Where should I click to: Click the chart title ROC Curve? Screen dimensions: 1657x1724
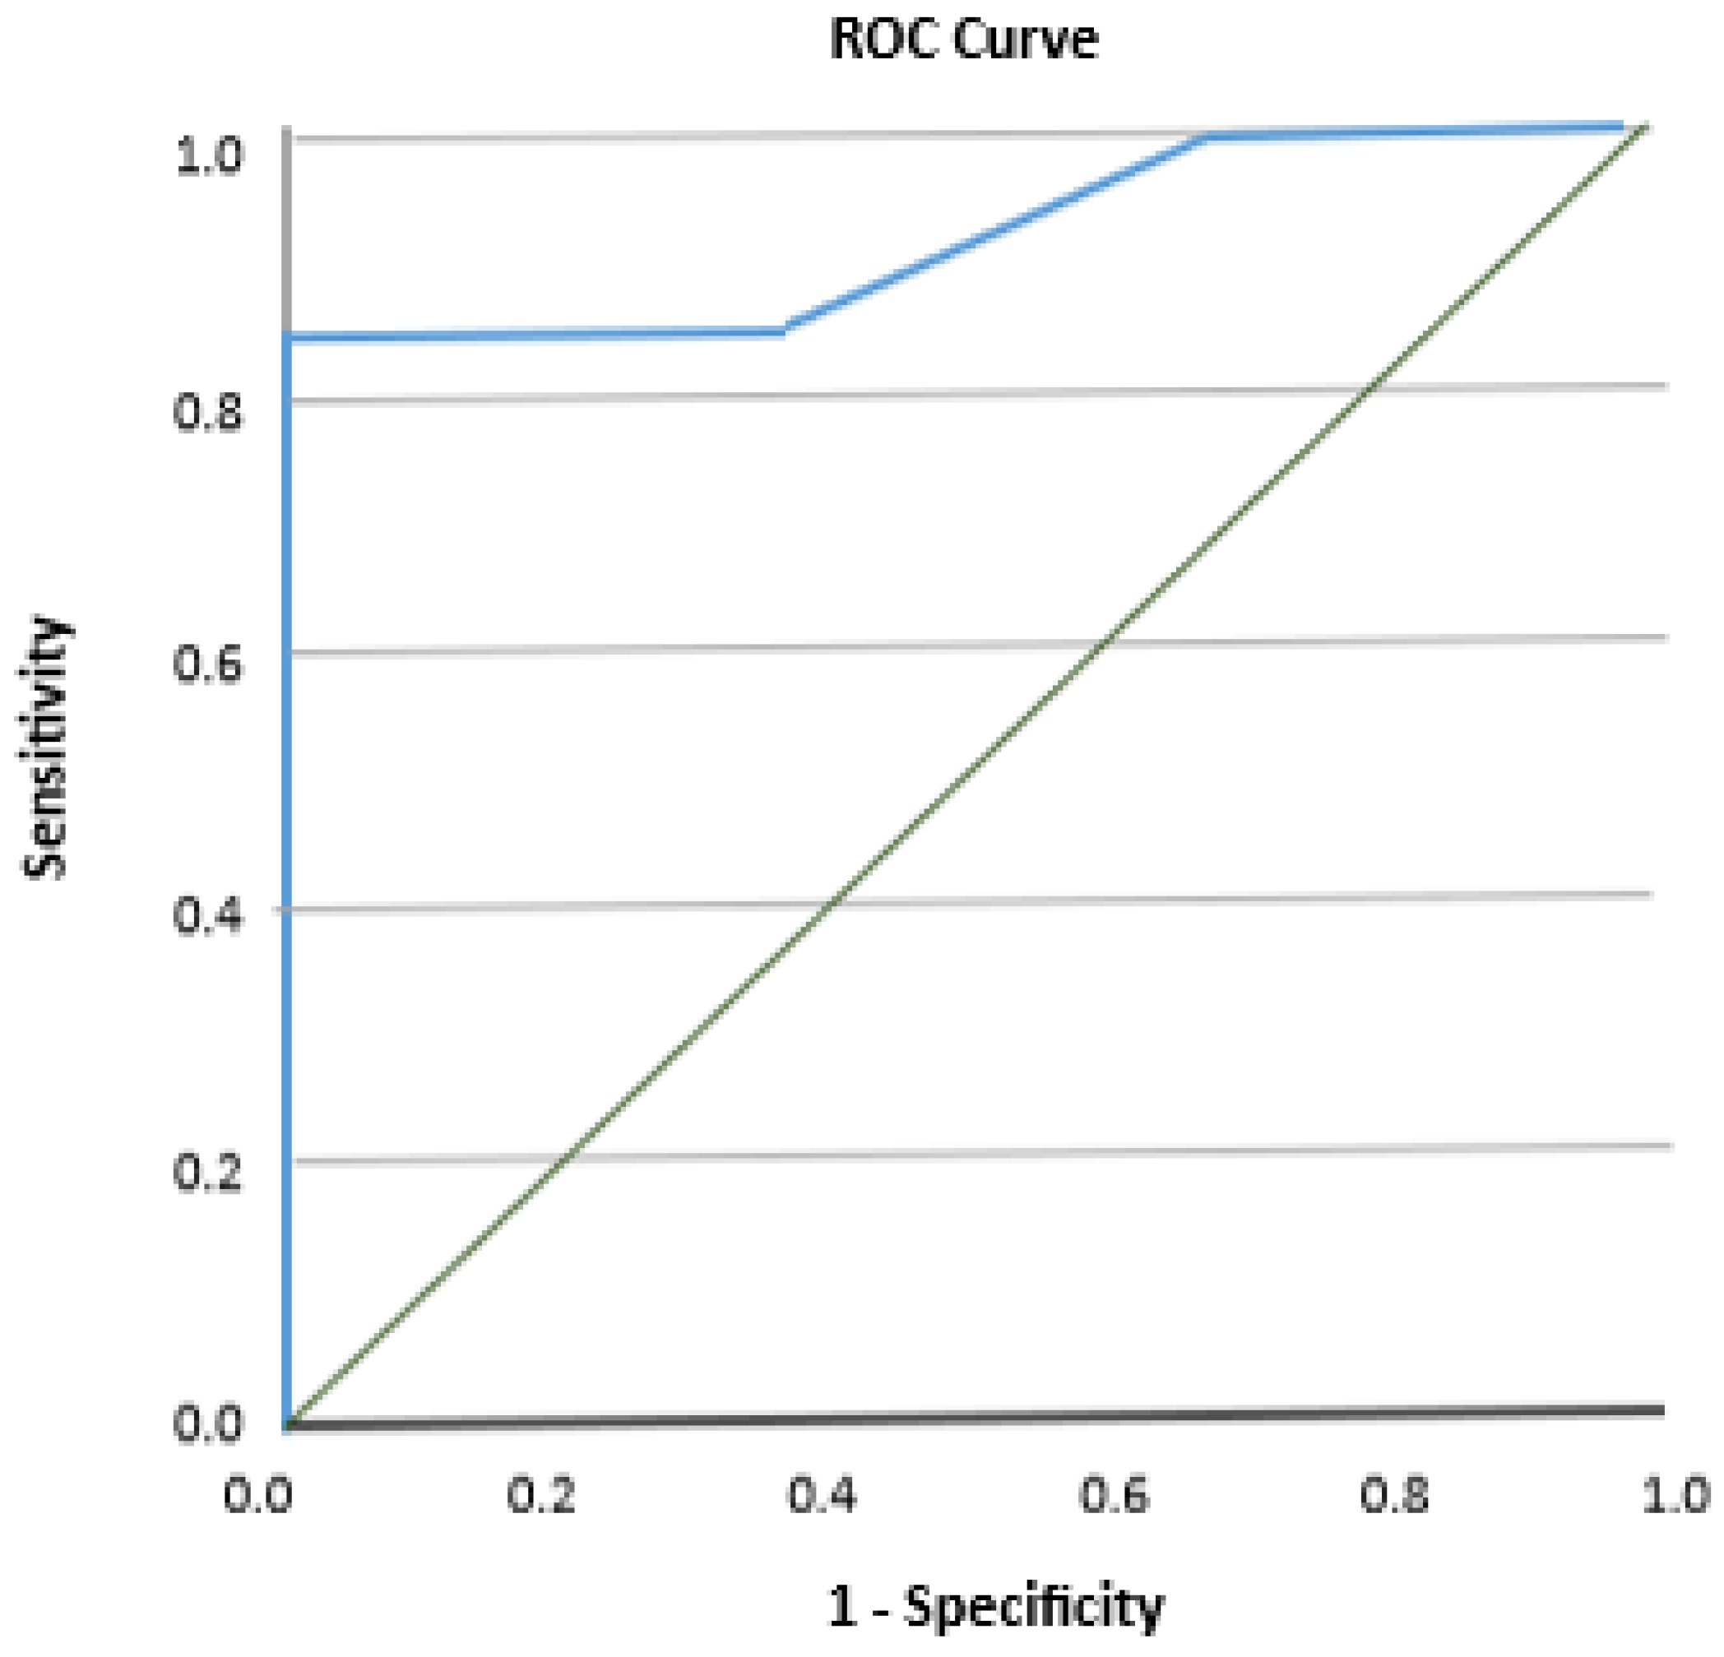963,39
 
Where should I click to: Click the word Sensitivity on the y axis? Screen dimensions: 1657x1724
44,748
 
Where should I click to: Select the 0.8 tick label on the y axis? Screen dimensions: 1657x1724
208,412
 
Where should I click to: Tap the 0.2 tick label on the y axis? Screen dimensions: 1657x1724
208,1172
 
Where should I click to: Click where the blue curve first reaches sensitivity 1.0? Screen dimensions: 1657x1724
1203,137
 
